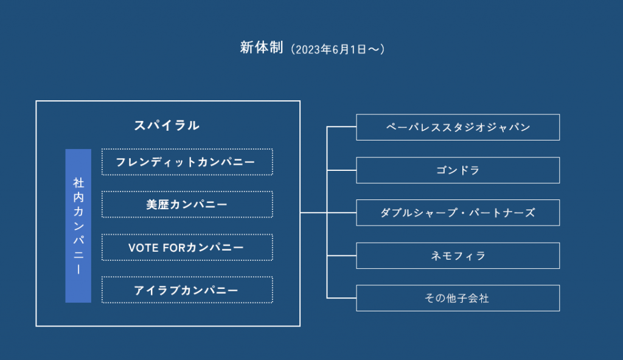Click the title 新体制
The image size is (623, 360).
[262, 47]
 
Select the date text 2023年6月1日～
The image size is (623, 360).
[338, 49]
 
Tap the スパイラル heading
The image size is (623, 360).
[167, 125]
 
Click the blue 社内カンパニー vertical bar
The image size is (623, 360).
[78, 226]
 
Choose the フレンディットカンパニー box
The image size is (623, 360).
[187, 162]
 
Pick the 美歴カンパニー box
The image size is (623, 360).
[187, 205]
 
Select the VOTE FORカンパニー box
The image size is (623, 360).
[187, 247]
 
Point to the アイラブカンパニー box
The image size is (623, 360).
[187, 290]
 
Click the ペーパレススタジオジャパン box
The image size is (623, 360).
[458, 127]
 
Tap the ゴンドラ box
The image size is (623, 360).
[458, 170]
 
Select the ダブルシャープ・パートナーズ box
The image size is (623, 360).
[458, 213]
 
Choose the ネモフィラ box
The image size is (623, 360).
[458, 255]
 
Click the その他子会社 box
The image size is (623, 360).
[458, 298]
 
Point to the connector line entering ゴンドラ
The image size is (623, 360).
[341, 170]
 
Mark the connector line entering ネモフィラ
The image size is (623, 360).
[341, 255]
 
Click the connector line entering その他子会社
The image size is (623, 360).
[341, 297]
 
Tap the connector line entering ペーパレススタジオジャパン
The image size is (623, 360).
[341, 126]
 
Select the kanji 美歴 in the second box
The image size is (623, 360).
[158, 205]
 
